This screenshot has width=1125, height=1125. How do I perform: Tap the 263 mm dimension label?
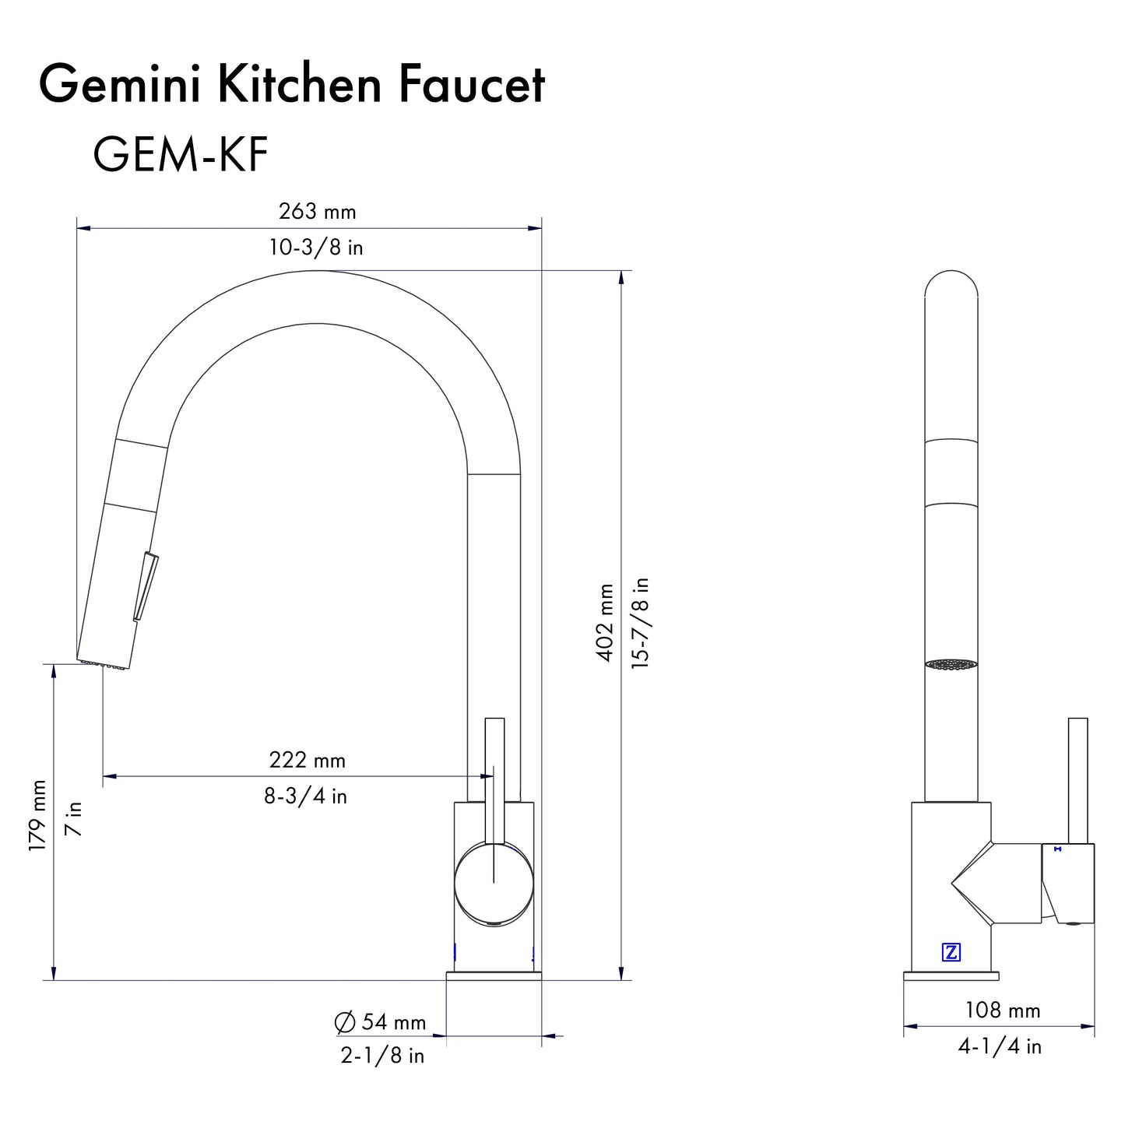click(x=317, y=211)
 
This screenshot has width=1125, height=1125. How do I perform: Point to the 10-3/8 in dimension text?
click(x=316, y=248)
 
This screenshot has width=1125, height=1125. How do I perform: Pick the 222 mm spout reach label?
click(x=307, y=760)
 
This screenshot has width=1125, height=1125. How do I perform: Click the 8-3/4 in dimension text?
click(x=305, y=796)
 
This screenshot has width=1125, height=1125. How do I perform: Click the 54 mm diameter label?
click(x=393, y=1022)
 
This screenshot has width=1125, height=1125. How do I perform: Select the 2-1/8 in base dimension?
click(x=382, y=1056)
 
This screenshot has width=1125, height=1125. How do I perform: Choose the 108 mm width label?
click(x=1002, y=1011)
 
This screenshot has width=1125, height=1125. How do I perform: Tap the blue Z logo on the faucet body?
click(x=951, y=951)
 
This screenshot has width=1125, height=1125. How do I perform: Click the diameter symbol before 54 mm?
click(x=344, y=1022)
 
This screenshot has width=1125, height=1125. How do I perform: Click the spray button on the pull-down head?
click(x=146, y=586)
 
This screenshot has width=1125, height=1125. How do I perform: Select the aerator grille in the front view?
click(x=951, y=664)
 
